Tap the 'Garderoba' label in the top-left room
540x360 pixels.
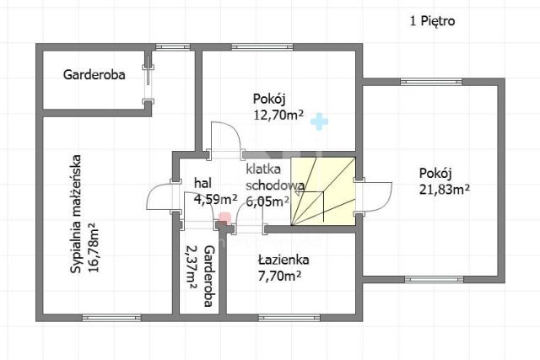pos(94,74)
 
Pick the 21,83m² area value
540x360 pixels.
pos(444,189)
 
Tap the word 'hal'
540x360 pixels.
pos(202,183)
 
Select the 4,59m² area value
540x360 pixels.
pos(215,200)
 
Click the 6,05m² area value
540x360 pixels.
pos(267,201)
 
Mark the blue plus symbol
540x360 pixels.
pos(317,122)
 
